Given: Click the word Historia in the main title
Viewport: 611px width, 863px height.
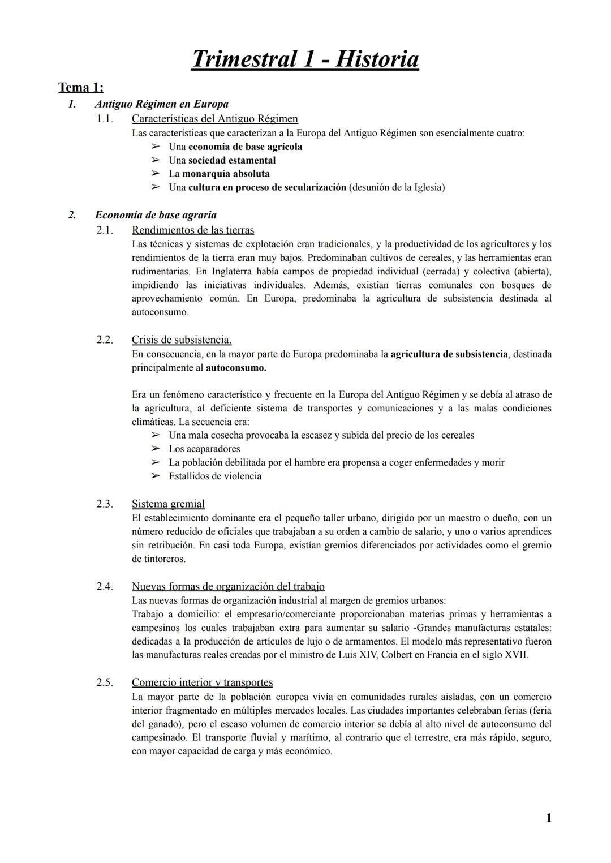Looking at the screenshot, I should pos(377,59).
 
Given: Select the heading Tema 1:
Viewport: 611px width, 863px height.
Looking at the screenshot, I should pos(81,88).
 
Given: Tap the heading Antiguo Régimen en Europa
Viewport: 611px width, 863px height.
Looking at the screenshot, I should pos(162,104).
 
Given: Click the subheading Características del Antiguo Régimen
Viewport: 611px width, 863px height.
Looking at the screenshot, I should pos(214,119).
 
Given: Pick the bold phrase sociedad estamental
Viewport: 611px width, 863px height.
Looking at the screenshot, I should pos(232,160).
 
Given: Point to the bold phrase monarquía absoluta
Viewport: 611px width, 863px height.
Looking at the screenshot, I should pos(226,174).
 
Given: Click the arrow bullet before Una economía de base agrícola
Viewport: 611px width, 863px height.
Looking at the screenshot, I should pos(156,147).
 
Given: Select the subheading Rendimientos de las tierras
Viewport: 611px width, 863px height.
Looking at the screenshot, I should pos(192,230).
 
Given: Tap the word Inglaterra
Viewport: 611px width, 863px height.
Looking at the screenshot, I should pos(235,272).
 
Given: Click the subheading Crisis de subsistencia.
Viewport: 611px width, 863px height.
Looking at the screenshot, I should pos(181,340).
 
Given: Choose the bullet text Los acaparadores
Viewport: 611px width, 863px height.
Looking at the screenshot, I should pos(204,449).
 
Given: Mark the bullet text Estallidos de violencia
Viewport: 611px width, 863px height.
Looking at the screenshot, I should pos(215,476).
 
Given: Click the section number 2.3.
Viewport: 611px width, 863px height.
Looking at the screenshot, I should pos(104,504).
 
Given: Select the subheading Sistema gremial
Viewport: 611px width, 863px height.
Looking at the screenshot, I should pos(168,504).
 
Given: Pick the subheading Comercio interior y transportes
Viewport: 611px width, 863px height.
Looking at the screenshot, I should pos(202,682).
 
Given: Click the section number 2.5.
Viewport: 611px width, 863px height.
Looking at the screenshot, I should pos(104,682).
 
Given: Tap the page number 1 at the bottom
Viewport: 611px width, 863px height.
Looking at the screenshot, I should pos(548,818).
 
